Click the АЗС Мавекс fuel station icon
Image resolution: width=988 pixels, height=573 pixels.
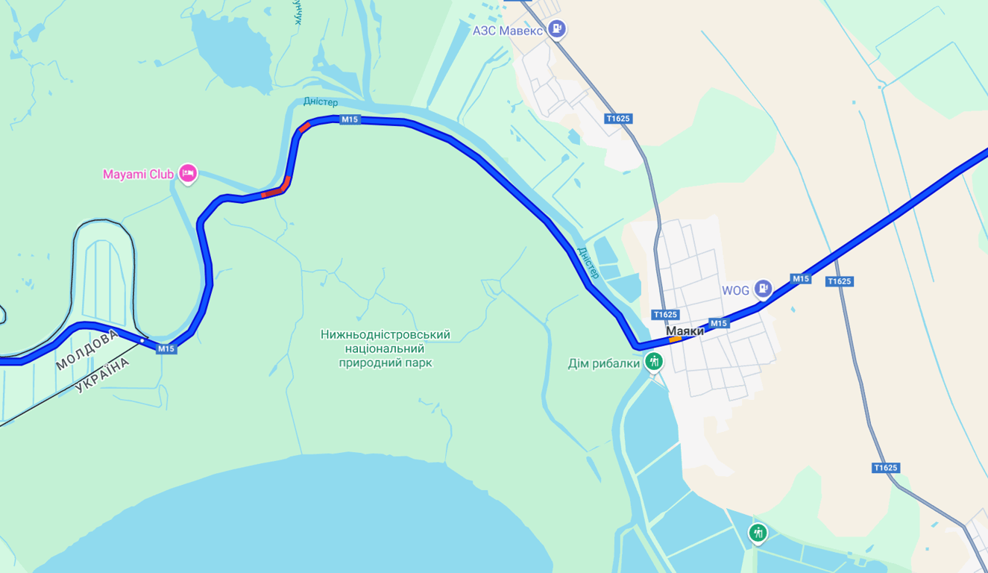coord(556,29)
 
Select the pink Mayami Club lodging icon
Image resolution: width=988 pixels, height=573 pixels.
coord(188,174)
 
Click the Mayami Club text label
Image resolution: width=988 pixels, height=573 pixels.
coord(138,175)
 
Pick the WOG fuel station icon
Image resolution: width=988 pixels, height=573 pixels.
coord(762,289)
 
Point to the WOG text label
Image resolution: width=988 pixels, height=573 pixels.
coord(735,290)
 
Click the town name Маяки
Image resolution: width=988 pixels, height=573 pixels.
coord(685,331)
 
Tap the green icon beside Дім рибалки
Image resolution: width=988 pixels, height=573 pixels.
coord(654,363)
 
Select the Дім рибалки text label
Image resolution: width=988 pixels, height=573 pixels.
coord(604,364)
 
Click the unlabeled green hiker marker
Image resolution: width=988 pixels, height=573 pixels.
coord(758,533)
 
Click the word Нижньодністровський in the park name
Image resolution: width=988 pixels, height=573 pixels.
coord(386,335)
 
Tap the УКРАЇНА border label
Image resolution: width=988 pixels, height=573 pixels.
coord(102,375)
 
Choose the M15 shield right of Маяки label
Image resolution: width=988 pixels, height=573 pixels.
coord(719,323)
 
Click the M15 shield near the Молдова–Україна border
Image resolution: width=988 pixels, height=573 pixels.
coord(166,348)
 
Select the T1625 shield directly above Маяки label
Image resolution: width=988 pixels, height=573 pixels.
coord(664,315)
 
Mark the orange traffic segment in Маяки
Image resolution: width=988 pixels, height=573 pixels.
coord(675,339)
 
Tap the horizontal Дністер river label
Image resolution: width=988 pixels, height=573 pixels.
coord(321,101)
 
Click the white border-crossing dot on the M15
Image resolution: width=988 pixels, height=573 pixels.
coord(142,340)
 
